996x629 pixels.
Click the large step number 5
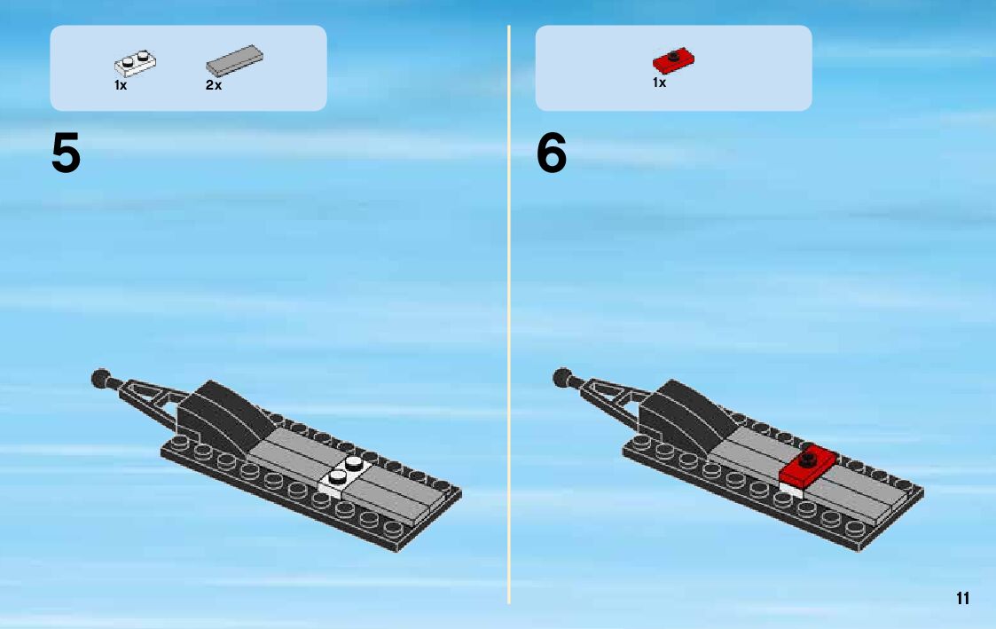(x=66, y=153)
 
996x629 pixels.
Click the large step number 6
(x=552, y=153)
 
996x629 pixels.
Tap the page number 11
(x=962, y=599)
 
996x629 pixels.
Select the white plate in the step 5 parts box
(x=136, y=63)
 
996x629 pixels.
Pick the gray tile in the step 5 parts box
(x=234, y=60)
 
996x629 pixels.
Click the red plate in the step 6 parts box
(x=673, y=60)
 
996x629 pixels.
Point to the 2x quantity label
(x=214, y=85)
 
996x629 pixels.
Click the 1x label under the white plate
(x=121, y=85)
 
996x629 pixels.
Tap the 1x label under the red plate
(x=659, y=83)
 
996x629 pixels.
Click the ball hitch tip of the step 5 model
(x=101, y=379)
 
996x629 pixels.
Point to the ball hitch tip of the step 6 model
(x=563, y=377)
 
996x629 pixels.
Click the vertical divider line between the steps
(x=509, y=314)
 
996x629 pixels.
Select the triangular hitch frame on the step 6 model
(x=611, y=396)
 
